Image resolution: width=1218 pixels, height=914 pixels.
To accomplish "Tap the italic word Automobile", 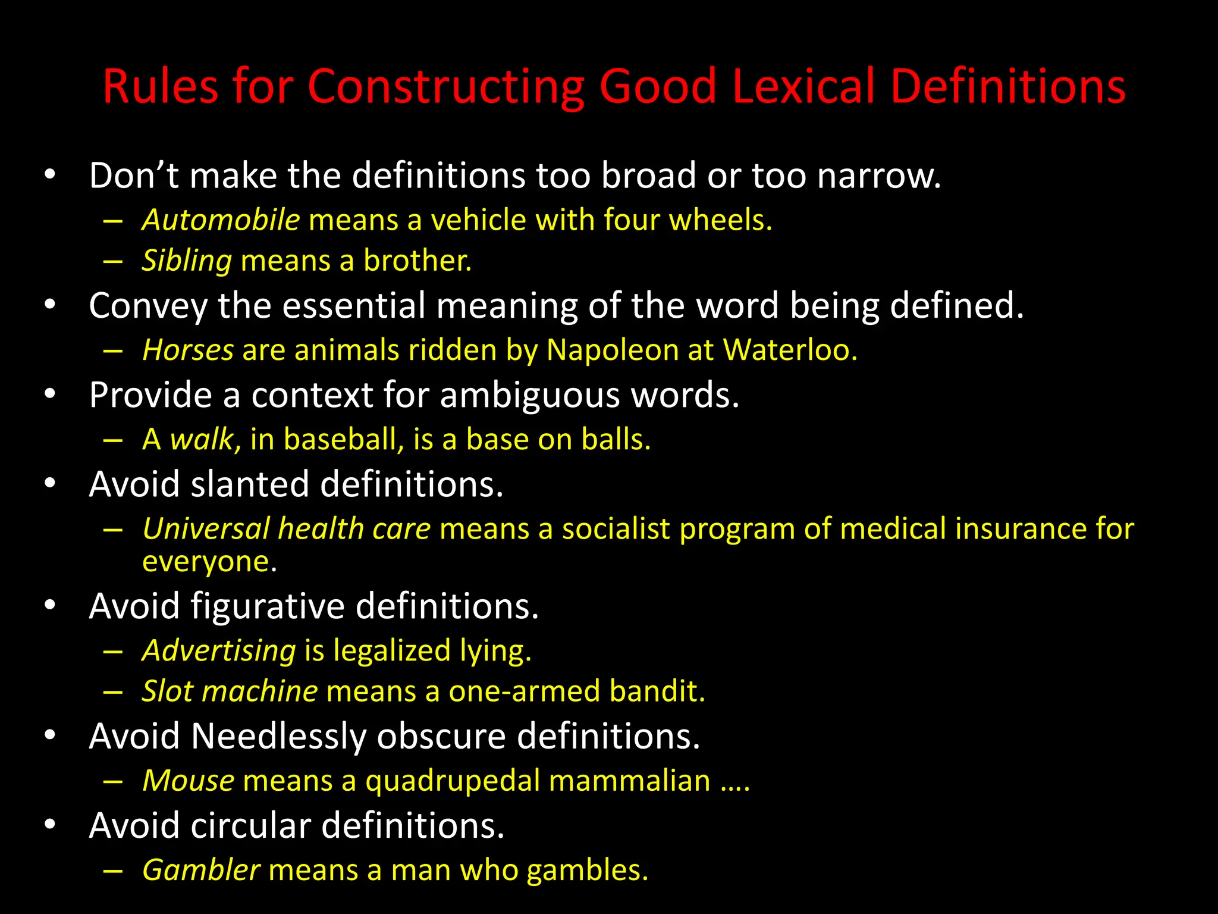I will point(221,220).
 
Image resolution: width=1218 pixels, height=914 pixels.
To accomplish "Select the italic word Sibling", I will point(187,261).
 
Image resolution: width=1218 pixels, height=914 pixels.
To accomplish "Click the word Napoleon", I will point(612,350).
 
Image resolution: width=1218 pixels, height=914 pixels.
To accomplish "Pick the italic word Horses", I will point(188,350).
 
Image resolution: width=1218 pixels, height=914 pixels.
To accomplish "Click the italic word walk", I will point(202,440).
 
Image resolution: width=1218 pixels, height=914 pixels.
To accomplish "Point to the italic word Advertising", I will point(219,650).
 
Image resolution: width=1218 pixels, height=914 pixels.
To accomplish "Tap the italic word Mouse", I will point(189,781).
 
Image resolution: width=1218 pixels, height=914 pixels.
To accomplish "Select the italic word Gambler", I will point(201,871).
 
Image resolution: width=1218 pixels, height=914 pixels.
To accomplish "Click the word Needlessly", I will point(278,736).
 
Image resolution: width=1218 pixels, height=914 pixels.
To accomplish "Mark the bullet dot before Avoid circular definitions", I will point(50,825).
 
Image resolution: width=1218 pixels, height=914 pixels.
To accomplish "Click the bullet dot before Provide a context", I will point(50,394).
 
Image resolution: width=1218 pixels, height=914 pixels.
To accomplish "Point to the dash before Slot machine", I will point(112,692).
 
